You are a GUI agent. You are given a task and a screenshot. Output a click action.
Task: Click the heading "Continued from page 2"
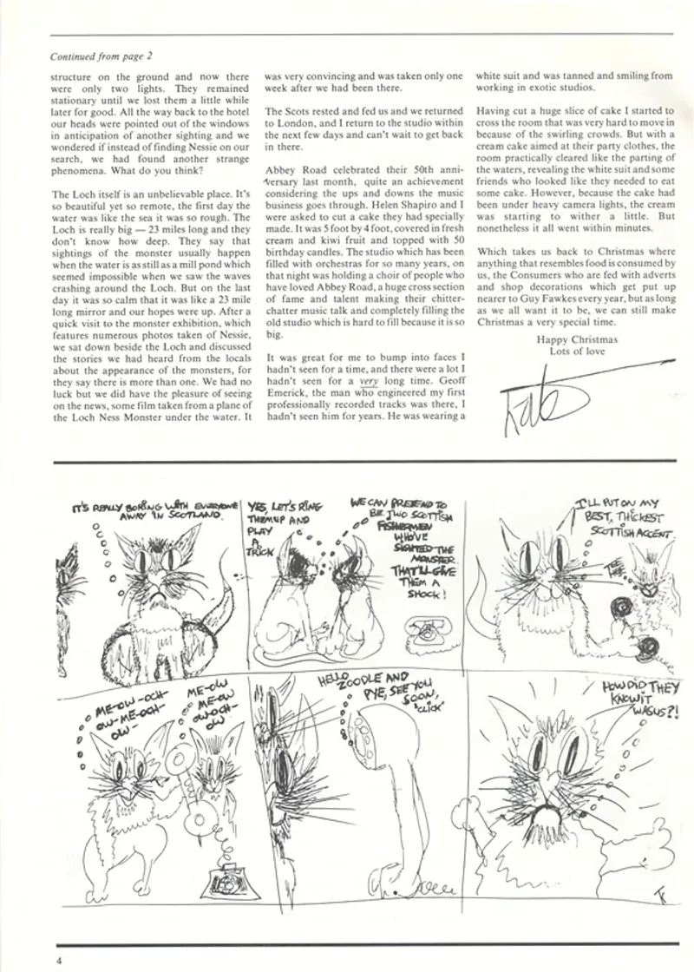tap(102, 57)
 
